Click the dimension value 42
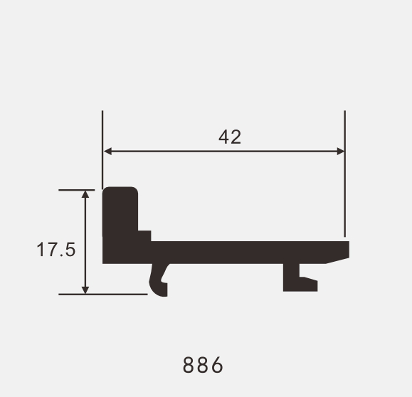pos(230,137)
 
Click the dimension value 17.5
pos(56,250)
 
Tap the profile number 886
pos(203,365)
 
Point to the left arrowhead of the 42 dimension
pos(107,152)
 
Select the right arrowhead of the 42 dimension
pos(341,152)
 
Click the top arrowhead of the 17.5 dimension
pos(85,194)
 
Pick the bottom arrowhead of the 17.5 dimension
pos(85,290)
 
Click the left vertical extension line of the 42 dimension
pos(102,149)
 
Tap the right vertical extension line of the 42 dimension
pos(344,174)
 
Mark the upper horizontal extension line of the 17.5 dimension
pos(76,190)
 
